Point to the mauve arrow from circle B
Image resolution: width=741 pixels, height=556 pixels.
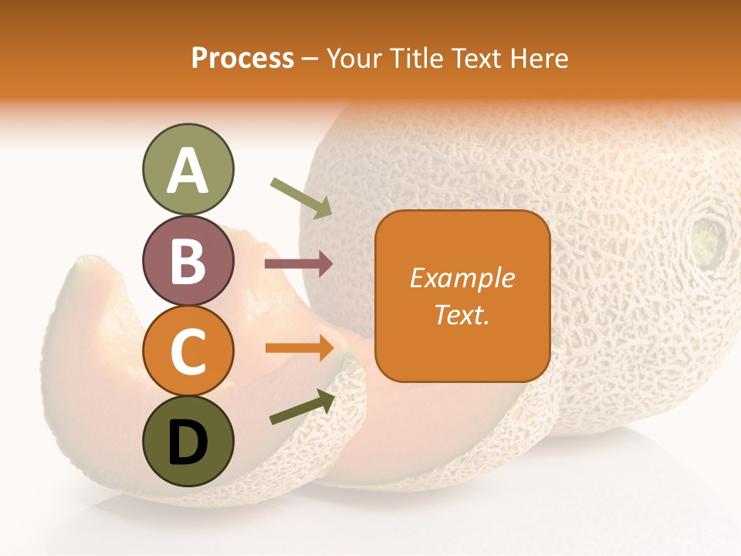(x=299, y=264)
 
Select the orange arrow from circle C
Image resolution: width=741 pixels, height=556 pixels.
(x=299, y=347)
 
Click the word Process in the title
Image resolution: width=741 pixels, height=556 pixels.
(x=242, y=59)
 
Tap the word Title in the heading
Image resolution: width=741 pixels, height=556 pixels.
(x=416, y=59)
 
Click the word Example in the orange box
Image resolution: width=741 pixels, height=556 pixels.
(x=462, y=278)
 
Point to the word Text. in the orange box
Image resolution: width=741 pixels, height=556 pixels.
(x=462, y=315)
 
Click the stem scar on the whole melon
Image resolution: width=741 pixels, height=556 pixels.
(x=709, y=239)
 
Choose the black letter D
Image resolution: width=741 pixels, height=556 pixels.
(x=188, y=442)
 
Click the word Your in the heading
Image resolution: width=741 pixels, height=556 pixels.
(x=354, y=59)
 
